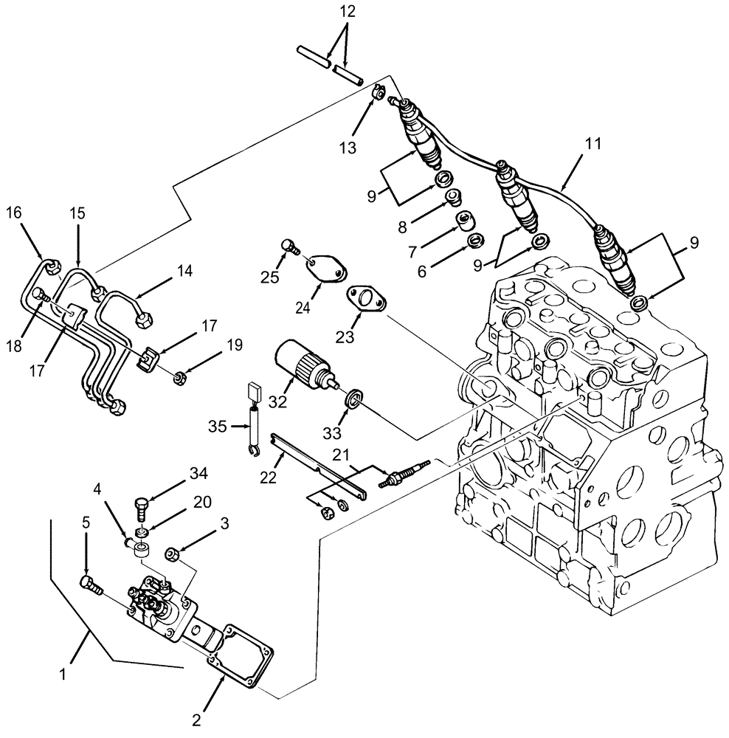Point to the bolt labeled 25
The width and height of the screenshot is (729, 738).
[x=289, y=246]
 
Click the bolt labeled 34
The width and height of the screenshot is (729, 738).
[x=142, y=508]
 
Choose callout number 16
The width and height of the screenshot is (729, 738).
[x=15, y=214]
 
